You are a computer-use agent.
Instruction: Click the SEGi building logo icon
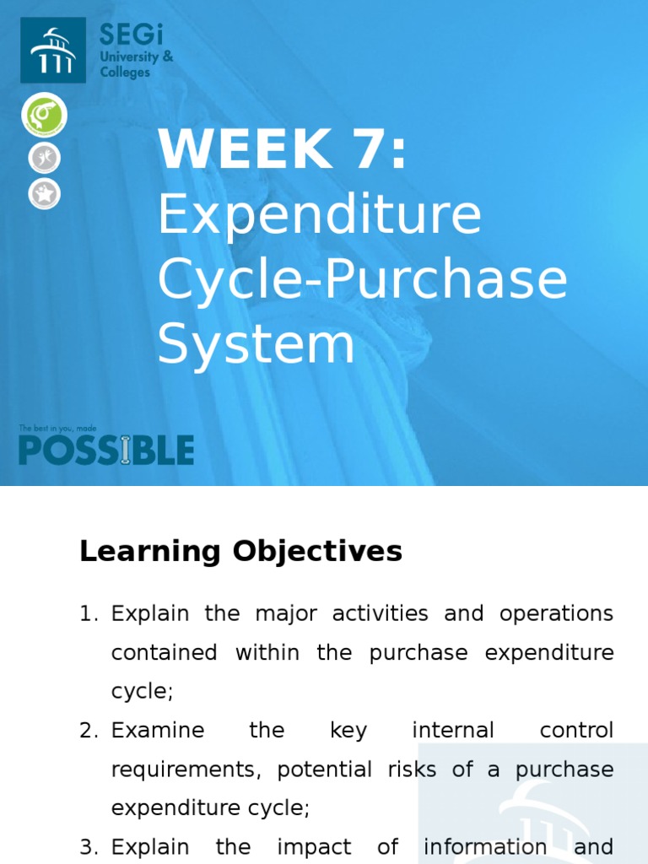click(53, 50)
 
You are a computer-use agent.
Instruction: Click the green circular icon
click(44, 116)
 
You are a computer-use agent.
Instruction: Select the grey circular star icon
click(44, 194)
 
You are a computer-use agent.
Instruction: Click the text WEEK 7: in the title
click(282, 150)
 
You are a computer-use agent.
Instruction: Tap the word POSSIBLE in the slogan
click(106, 450)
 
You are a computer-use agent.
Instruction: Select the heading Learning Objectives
click(240, 552)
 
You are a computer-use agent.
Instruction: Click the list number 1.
click(89, 614)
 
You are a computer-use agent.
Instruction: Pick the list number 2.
click(89, 731)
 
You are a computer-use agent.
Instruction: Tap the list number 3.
click(89, 847)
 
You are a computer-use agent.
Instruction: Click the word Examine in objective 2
click(158, 731)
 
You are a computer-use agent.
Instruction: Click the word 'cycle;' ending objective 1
click(142, 692)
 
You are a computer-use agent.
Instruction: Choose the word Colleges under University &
click(125, 73)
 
